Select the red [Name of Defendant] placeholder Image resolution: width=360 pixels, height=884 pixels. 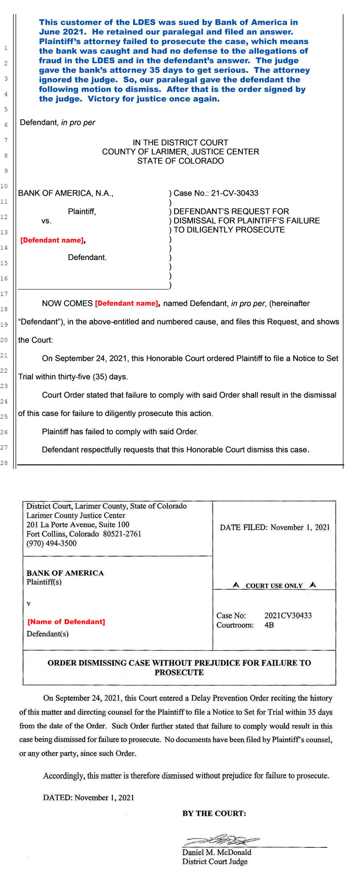click(66, 622)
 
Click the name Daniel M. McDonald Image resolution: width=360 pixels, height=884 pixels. click(216, 852)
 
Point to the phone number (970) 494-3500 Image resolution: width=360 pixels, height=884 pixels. click(51, 543)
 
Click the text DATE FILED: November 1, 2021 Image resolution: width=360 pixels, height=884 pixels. click(274, 527)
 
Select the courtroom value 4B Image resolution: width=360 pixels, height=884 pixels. click(269, 625)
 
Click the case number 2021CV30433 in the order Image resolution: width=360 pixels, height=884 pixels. click(288, 615)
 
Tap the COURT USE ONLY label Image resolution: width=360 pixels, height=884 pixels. click(274, 586)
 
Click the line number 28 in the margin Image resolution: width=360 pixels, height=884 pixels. click(4, 463)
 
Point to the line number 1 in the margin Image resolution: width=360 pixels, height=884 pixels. click(6, 48)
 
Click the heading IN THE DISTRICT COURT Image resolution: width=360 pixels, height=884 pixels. click(180, 142)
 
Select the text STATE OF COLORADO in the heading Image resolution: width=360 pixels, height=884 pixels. click(180, 161)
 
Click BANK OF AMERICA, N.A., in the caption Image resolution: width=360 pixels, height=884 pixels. click(66, 193)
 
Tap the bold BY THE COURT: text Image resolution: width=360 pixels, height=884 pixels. click(214, 813)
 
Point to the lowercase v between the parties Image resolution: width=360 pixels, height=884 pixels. click(29, 604)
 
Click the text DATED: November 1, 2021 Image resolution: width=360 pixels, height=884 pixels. click(89, 797)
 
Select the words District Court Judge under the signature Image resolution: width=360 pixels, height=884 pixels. click(214, 861)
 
